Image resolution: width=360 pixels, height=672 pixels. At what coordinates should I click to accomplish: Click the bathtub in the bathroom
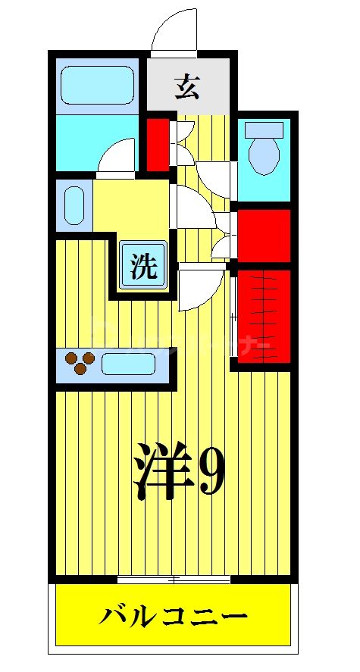(x=96, y=86)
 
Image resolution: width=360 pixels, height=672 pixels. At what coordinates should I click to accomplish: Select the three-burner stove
(x=79, y=364)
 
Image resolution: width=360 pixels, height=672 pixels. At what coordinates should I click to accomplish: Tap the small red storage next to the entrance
(x=158, y=143)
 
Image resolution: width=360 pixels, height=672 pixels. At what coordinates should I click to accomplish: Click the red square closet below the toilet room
(x=264, y=235)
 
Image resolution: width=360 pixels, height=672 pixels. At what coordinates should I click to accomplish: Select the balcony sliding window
(x=174, y=580)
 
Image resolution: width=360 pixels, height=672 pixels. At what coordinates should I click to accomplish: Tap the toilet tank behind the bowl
(x=264, y=130)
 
